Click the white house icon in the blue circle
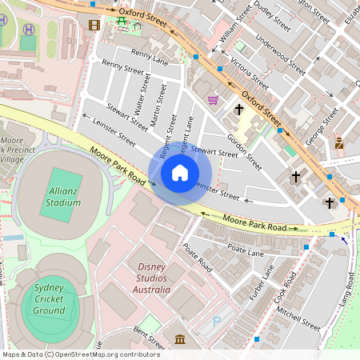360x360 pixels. click(180, 173)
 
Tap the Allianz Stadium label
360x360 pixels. click(63, 197)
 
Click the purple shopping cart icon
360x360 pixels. click(213, 100)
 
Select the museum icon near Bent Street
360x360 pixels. click(180, 339)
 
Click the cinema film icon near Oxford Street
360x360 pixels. click(95, 25)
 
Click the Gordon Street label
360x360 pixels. click(244, 151)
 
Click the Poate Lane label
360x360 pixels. click(246, 250)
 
